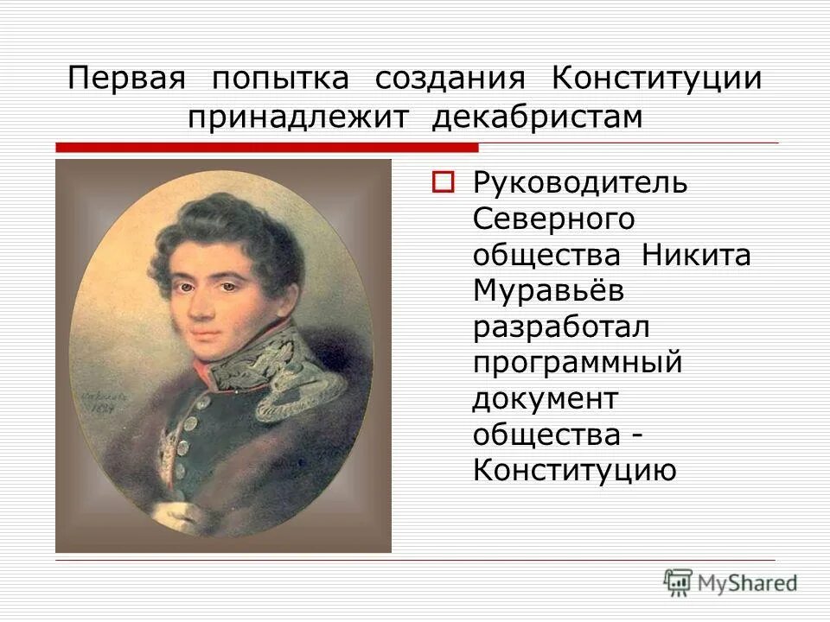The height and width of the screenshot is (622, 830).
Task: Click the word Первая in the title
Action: tap(127, 78)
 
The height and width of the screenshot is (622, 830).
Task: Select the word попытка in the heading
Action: tap(280, 78)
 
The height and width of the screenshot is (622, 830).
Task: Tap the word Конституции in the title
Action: tap(657, 78)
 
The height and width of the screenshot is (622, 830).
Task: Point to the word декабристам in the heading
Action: tap(537, 117)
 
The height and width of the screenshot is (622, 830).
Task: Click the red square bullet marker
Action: tap(443, 183)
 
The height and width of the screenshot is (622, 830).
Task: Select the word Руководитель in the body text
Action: tap(580, 184)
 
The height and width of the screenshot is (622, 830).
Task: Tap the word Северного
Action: tap(554, 219)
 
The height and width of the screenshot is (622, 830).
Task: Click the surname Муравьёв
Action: tap(548, 292)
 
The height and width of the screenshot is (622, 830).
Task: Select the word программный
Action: tap(578, 364)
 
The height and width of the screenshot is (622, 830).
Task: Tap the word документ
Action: tap(546, 399)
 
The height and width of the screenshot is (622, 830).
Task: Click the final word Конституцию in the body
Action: tap(574, 471)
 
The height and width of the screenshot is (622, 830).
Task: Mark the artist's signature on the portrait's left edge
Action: tap(97, 397)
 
